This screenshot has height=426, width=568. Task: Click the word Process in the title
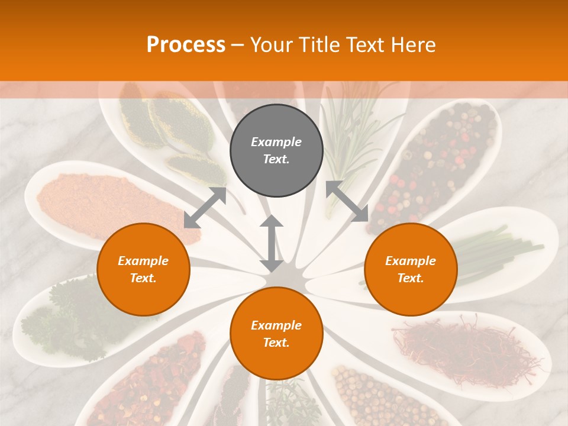[x=186, y=45]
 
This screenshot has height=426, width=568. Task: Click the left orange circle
[x=143, y=269]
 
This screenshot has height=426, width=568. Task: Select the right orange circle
[x=411, y=269]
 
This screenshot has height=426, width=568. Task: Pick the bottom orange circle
[x=276, y=334]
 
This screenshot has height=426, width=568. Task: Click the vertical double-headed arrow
[x=272, y=243]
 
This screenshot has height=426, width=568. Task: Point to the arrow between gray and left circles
[x=205, y=208]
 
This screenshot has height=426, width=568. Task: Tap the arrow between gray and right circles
[x=347, y=201]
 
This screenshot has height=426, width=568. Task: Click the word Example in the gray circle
[x=276, y=142]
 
